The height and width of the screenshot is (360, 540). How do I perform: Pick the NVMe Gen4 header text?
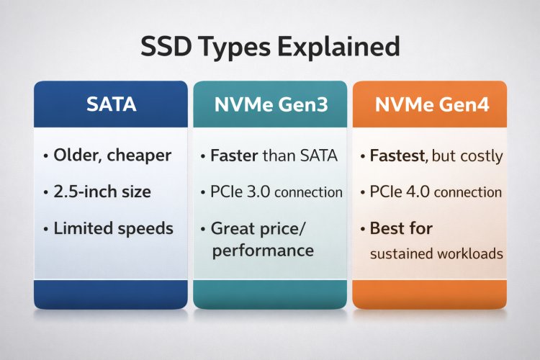coord(431,105)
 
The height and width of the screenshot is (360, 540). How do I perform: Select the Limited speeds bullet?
coord(113,229)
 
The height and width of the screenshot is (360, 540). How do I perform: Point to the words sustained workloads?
coord(436,254)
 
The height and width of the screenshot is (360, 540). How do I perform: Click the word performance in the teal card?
coord(262,250)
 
